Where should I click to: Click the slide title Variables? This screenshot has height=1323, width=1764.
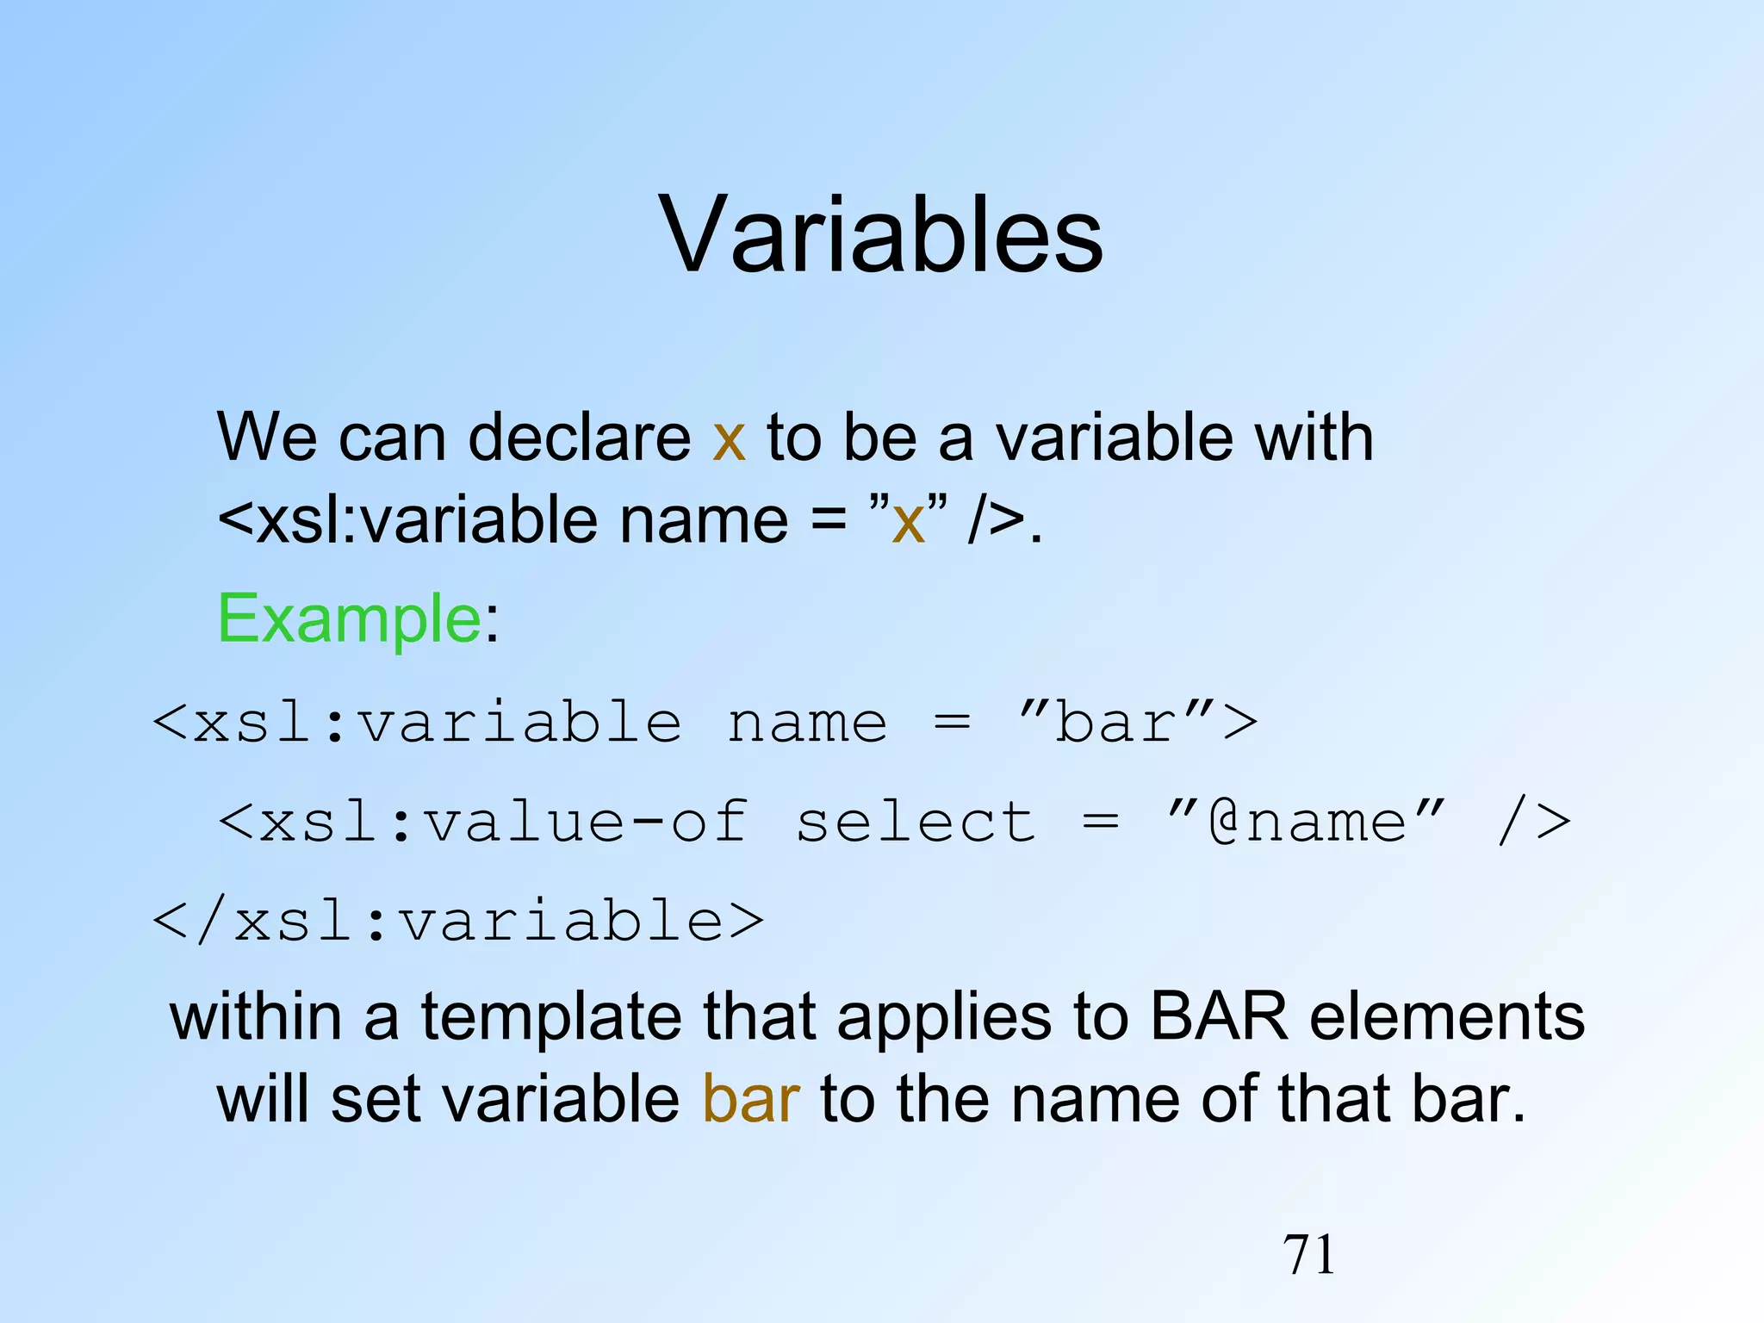tap(880, 234)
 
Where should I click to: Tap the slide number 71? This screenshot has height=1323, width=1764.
tap(1308, 1254)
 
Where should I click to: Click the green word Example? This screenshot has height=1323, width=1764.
tap(349, 618)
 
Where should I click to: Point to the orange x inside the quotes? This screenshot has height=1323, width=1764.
tap(908, 522)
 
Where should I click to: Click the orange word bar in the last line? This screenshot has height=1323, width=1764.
tap(751, 1099)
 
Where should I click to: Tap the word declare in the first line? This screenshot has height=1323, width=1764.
tap(579, 438)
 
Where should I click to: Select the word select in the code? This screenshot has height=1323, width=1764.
tap(915, 822)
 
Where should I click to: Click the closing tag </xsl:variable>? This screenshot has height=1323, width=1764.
tap(458, 922)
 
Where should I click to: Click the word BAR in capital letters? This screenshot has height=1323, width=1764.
tap(1218, 1016)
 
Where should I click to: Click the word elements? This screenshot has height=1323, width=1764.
tap(1447, 1016)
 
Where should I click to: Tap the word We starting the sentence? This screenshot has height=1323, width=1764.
tap(267, 438)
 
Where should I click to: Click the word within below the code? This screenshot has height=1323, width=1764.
tap(256, 1016)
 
